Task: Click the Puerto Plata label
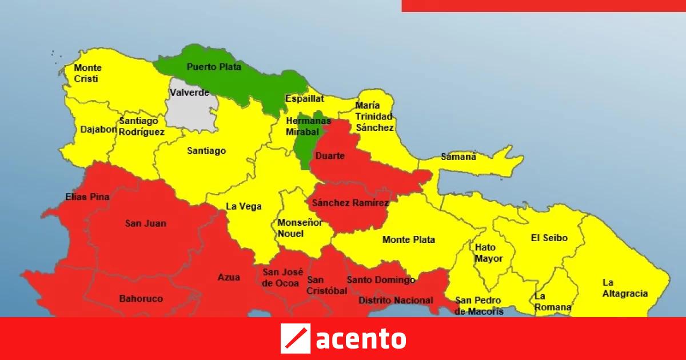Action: click(214, 67)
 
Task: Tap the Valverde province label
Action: click(189, 93)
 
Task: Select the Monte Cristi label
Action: click(87, 73)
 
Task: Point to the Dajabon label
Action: click(98, 129)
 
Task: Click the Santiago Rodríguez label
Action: click(141, 126)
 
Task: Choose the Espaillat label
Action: click(304, 98)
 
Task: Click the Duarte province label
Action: click(330, 155)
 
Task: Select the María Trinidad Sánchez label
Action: click(374, 117)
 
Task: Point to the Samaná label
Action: click(458, 157)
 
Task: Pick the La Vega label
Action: click(240, 206)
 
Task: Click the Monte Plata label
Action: click(408, 239)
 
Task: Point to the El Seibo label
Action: click(549, 238)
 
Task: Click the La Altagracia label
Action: click(625, 288)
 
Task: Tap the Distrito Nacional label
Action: click(395, 301)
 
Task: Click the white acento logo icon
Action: click(295, 338)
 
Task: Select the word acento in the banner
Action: click(360, 338)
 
